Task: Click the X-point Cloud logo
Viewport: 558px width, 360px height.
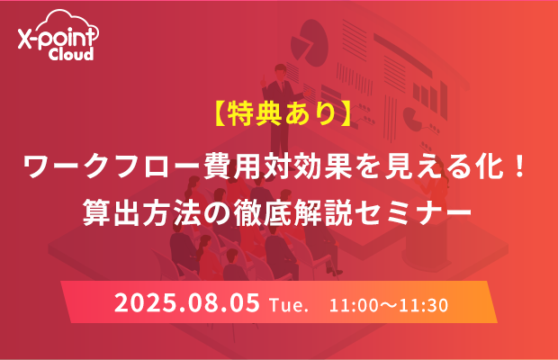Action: coord(58,35)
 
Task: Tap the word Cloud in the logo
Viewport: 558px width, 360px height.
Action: coord(71,54)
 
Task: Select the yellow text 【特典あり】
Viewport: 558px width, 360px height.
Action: coord(283,113)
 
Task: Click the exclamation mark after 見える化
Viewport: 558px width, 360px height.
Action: coord(519,166)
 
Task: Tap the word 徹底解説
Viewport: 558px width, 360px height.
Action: coord(292,211)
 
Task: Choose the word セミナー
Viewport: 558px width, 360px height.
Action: coord(413,211)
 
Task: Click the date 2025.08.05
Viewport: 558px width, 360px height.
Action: coord(187,303)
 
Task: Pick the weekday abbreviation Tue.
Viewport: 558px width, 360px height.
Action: coord(289,306)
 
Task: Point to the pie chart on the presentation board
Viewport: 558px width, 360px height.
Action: coord(309,42)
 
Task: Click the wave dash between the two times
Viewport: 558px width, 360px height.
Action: coord(389,306)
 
